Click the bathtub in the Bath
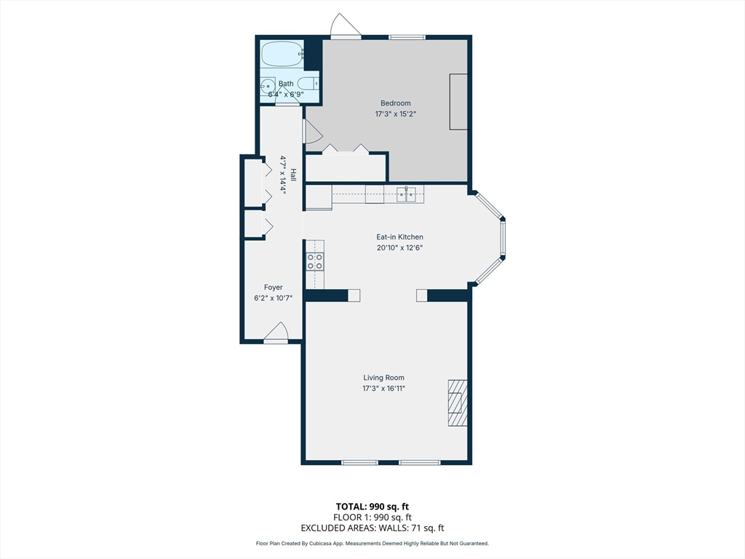click(282, 54)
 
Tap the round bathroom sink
click(268, 87)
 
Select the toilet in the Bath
click(308, 84)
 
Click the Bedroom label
click(395, 103)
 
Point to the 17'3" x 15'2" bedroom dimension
click(395, 114)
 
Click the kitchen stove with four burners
click(315, 261)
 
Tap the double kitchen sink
click(406, 194)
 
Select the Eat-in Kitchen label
click(399, 237)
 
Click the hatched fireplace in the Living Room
click(458, 403)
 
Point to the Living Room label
click(384, 378)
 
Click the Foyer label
click(274, 287)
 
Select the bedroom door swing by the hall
click(312, 131)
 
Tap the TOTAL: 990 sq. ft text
click(372, 507)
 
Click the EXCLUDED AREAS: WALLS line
click(372, 528)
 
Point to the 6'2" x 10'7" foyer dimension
click(274, 298)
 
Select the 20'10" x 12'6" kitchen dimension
click(399, 247)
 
